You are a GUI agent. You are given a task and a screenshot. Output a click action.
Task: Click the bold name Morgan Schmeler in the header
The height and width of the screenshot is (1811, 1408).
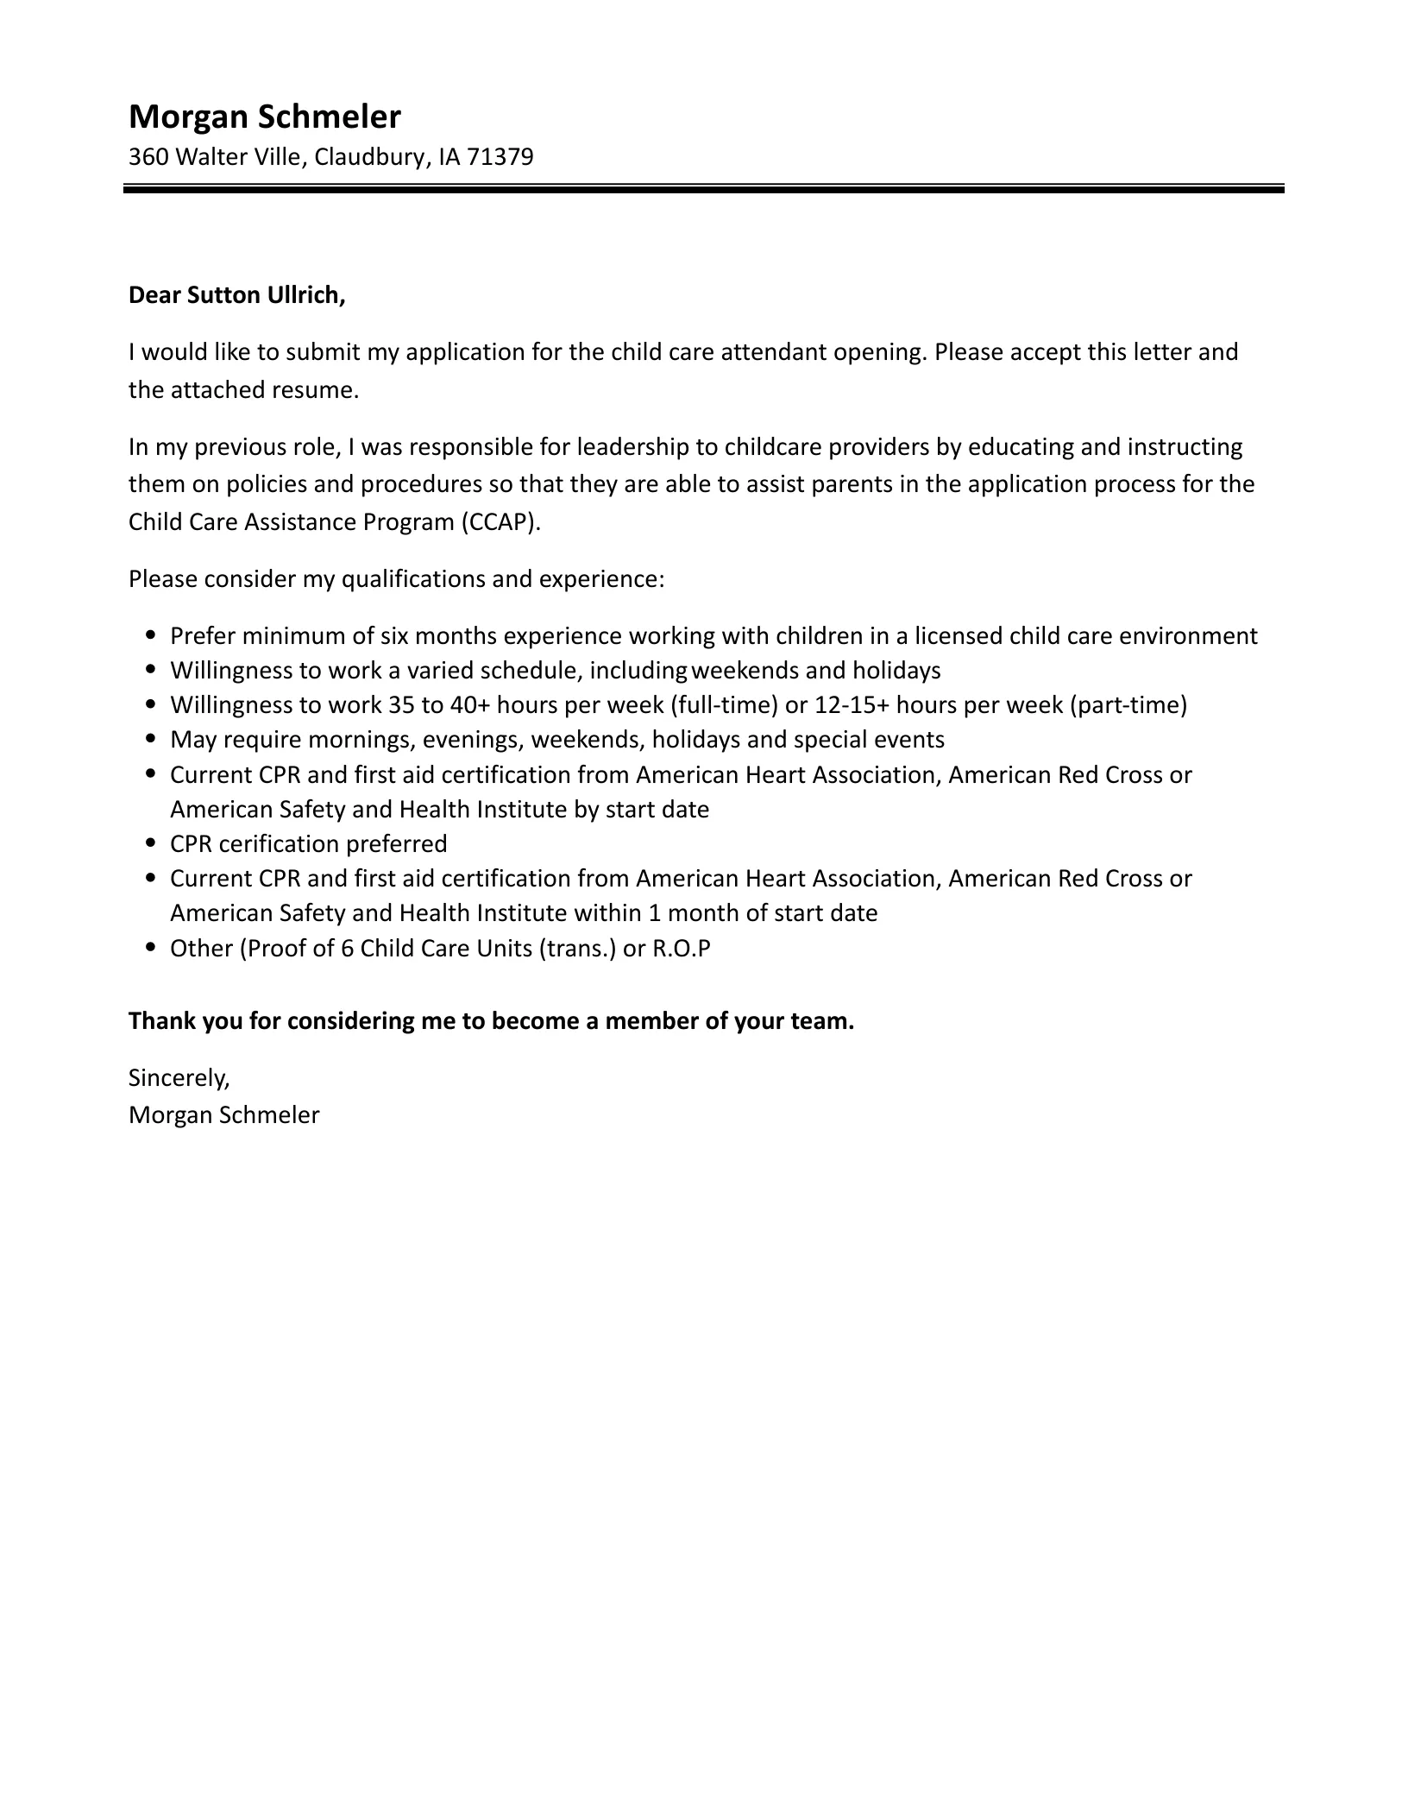[x=264, y=117]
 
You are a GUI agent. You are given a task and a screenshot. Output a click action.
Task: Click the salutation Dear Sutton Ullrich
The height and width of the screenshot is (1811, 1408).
[x=236, y=295]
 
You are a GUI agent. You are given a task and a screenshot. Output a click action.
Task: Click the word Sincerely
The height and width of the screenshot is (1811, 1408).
[x=179, y=1077]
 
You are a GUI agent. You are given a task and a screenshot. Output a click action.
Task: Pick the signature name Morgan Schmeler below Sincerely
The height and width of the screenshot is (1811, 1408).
[x=223, y=1115]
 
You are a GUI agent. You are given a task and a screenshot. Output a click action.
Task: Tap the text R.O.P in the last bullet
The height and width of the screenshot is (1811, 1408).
[x=682, y=949]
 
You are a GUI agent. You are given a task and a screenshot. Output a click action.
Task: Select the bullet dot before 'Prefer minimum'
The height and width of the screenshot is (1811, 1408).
[x=152, y=636]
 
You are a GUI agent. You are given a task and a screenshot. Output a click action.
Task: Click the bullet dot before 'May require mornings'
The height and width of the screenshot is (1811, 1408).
[x=152, y=740]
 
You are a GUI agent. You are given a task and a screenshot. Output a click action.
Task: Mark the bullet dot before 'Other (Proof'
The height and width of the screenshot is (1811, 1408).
[x=152, y=949]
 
